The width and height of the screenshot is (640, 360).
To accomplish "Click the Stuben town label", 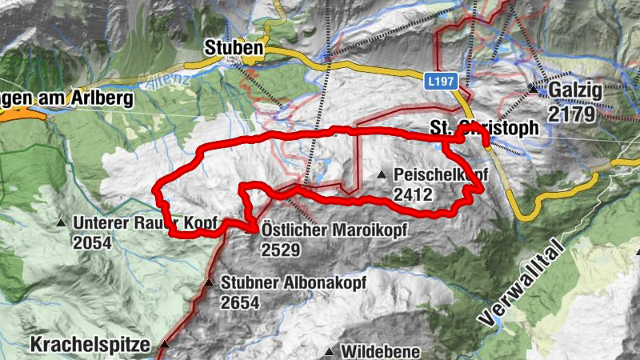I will [233, 48].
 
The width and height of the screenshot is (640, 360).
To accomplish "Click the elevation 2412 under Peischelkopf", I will [414, 194].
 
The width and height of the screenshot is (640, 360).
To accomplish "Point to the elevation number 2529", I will [280, 250].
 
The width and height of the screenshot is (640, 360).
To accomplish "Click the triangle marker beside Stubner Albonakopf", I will [209, 282].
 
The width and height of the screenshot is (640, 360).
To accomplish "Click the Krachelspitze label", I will [90, 346].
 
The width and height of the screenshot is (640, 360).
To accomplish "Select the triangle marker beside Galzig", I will [533, 88].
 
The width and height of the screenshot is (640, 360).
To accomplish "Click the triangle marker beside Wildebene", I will [329, 351].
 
